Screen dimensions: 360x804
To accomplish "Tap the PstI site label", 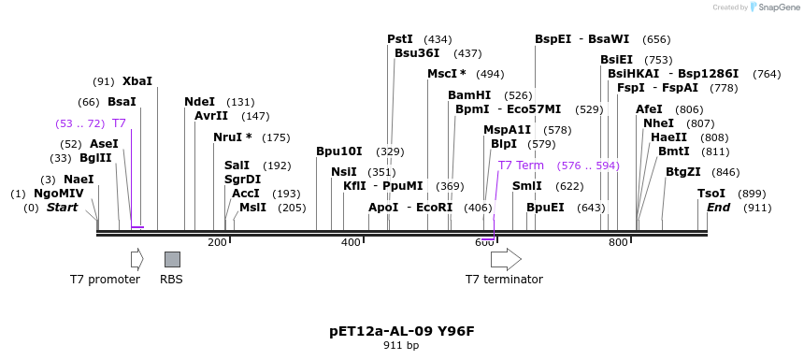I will point(400,39).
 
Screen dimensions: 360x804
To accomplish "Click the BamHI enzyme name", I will point(469,95).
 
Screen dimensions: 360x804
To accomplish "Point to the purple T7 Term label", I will point(521,166).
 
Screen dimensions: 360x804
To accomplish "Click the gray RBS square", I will point(172,259).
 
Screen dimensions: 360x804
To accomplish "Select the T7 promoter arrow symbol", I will point(137,259).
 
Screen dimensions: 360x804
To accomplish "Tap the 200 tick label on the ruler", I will point(217,243).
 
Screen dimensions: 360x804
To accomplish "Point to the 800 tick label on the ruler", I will point(618,243).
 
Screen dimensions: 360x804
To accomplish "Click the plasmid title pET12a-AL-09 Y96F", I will point(402,331).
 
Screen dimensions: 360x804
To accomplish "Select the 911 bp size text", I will point(402,346).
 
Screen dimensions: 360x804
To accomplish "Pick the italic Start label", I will point(63,208).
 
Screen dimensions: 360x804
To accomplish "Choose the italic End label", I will point(718,208).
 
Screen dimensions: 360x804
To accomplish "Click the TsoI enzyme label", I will point(711,194).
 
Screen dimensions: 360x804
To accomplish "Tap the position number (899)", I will point(753,194).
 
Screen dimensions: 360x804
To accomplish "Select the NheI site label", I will point(658,123).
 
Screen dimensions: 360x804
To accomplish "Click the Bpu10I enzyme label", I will point(338,151).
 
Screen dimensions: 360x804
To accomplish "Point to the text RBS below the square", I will point(171,280).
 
